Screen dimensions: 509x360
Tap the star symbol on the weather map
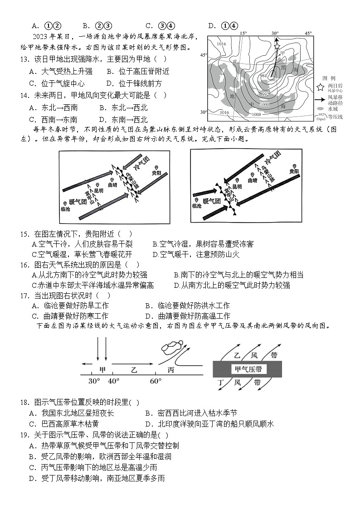(x=277, y=46)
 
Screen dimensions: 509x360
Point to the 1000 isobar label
(x=264, y=105)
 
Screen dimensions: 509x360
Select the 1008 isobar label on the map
(x=257, y=115)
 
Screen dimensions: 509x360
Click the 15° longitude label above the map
(x=243, y=34)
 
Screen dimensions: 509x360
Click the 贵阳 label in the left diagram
(x=156, y=173)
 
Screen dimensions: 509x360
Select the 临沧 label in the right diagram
(x=197, y=205)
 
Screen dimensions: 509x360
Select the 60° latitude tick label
(x=156, y=381)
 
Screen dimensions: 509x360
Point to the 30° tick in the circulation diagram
(x=94, y=381)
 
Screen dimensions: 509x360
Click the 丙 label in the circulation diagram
(x=171, y=369)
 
